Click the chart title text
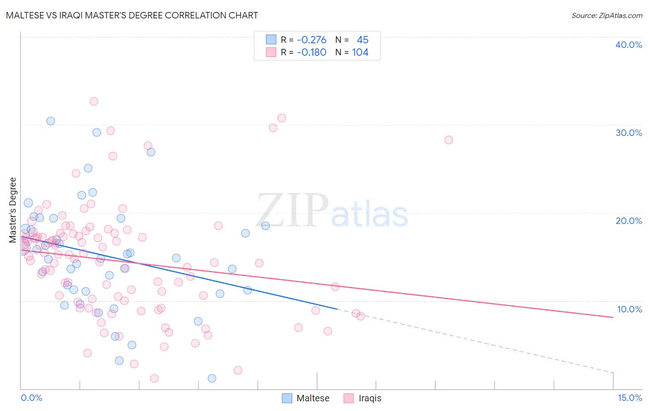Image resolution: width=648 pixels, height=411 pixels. [x=132, y=15]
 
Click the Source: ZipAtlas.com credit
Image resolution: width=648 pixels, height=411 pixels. [x=607, y=15]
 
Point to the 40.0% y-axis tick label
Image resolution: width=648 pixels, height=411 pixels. [x=629, y=45]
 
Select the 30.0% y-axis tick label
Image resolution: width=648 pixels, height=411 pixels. [x=629, y=133]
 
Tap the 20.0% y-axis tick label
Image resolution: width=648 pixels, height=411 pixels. [x=629, y=221]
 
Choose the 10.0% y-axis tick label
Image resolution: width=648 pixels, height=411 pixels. [x=629, y=309]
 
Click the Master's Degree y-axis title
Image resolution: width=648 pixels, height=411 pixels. [x=13, y=210]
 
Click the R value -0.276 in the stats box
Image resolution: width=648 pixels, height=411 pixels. [x=312, y=40]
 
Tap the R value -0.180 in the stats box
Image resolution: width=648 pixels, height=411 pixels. [x=312, y=53]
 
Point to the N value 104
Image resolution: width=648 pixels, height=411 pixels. [x=360, y=53]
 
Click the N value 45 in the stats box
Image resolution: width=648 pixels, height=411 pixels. [x=363, y=40]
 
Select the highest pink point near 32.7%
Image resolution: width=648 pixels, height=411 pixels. [x=94, y=101]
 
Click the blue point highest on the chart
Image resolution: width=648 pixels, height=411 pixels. [x=51, y=121]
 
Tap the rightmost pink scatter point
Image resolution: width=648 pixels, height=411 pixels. [x=448, y=140]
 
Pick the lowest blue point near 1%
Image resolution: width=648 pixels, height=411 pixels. [x=212, y=378]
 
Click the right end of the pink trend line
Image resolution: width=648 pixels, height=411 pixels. [x=613, y=317]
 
